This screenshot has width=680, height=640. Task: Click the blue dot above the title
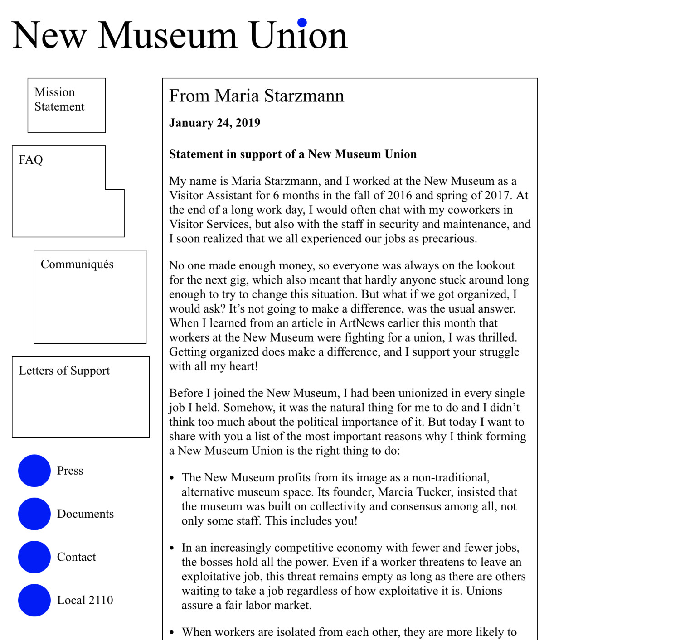point(302,22)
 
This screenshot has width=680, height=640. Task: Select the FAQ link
point(31,159)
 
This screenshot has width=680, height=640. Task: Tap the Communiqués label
point(77,264)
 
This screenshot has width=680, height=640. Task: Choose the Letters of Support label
point(64,371)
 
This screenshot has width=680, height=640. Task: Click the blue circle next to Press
point(34,471)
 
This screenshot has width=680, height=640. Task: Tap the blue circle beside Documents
point(34,514)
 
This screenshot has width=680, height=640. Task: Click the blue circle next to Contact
point(34,557)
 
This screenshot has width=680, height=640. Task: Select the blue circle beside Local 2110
point(34,600)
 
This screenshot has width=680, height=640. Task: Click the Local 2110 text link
point(85,600)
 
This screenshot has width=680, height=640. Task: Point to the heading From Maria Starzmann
point(257,96)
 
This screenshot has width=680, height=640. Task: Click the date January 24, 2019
point(214,123)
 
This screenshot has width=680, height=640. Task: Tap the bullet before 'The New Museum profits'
point(172,478)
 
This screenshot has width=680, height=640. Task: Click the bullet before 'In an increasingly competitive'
point(172,548)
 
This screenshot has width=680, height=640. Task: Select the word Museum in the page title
point(168,35)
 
